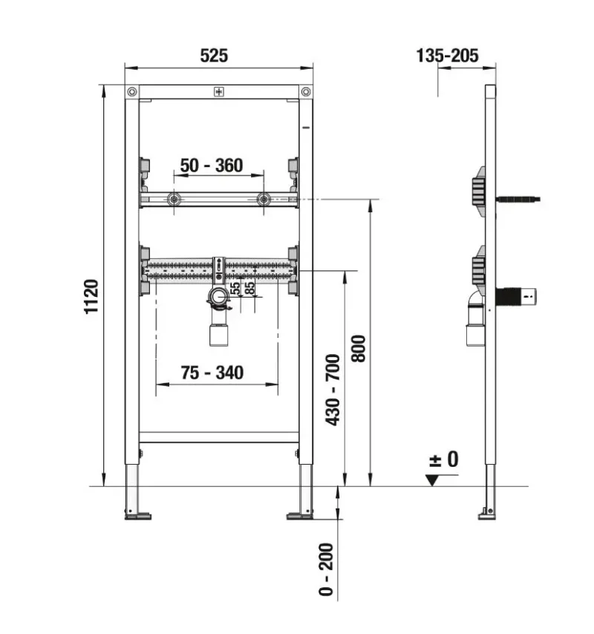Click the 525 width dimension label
point(214,56)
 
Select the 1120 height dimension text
point(91,297)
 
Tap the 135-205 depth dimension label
point(447,56)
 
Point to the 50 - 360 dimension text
point(212,166)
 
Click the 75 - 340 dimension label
point(212,373)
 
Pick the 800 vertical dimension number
point(359,348)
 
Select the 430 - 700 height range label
point(333,390)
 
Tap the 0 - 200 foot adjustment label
point(326,569)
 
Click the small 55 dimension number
point(235,288)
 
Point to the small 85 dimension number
point(250,288)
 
